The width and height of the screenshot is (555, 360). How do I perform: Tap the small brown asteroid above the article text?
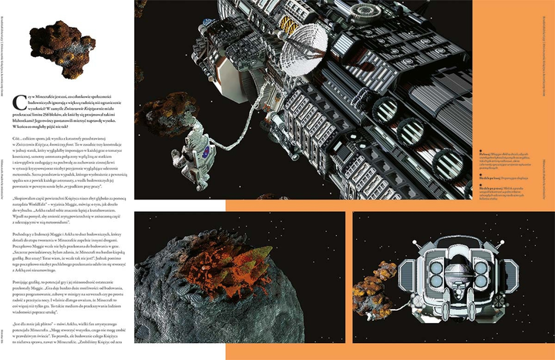(x=48, y=40)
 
